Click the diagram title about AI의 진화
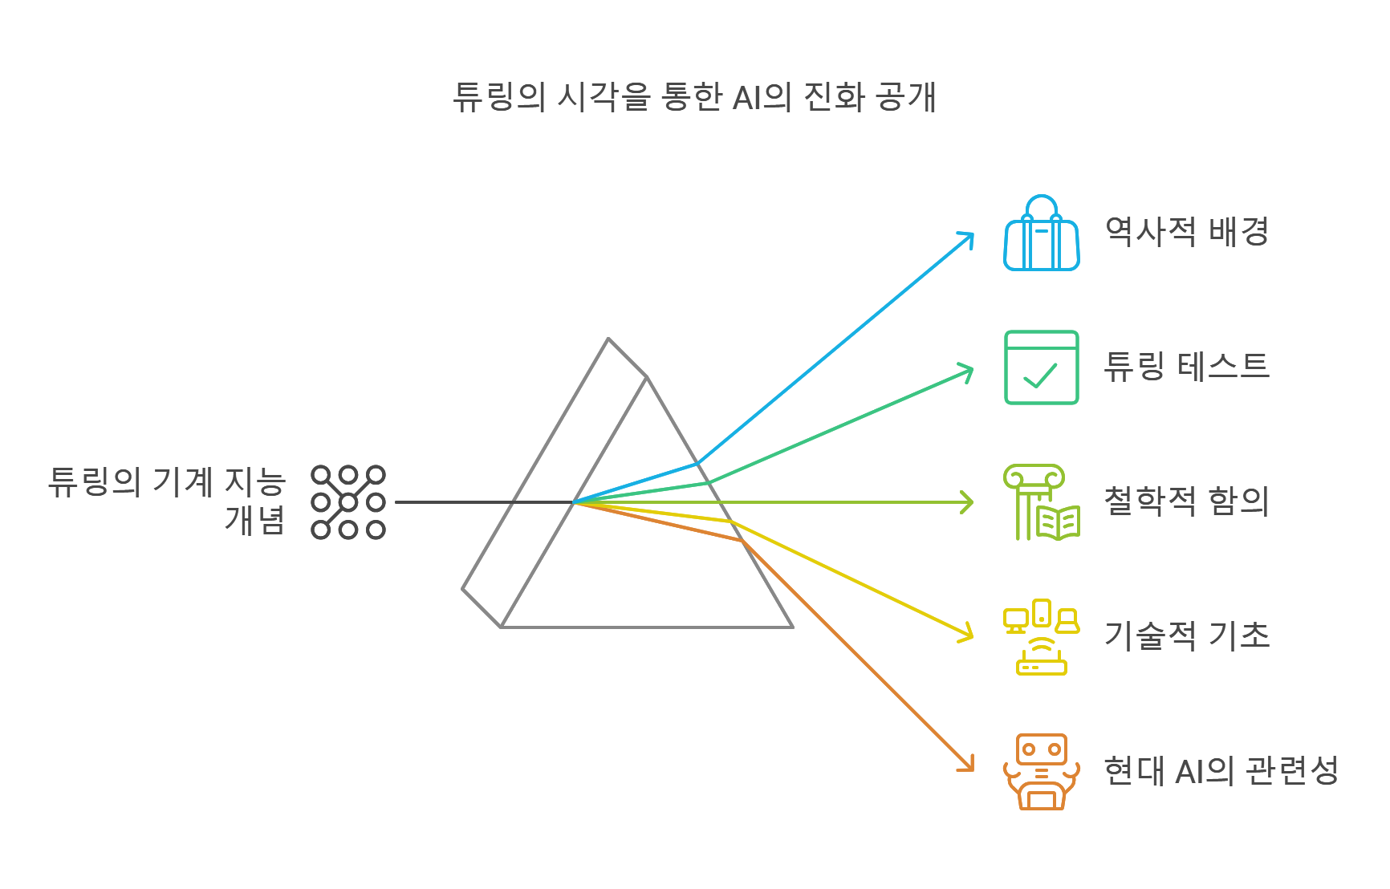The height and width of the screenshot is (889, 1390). (694, 97)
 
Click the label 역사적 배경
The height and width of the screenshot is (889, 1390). (1186, 232)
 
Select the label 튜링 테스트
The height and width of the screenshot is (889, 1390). (1186, 367)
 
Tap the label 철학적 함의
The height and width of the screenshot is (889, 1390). (1186, 501)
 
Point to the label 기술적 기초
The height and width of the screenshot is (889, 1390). (1186, 635)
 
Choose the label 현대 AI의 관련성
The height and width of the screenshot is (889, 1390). (1220, 771)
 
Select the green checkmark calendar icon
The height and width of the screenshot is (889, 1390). (1041, 367)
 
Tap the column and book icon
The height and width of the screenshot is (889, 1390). (1041, 502)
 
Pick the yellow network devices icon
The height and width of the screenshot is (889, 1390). (1041, 637)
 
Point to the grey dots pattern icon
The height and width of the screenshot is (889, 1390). (348, 502)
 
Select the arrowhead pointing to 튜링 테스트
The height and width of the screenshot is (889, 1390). (968, 371)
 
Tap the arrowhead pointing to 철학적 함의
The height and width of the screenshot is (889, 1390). (969, 503)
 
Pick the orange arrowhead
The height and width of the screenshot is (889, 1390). (969, 766)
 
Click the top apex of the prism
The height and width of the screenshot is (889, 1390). (608, 339)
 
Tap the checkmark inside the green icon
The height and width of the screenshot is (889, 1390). (1041, 375)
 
